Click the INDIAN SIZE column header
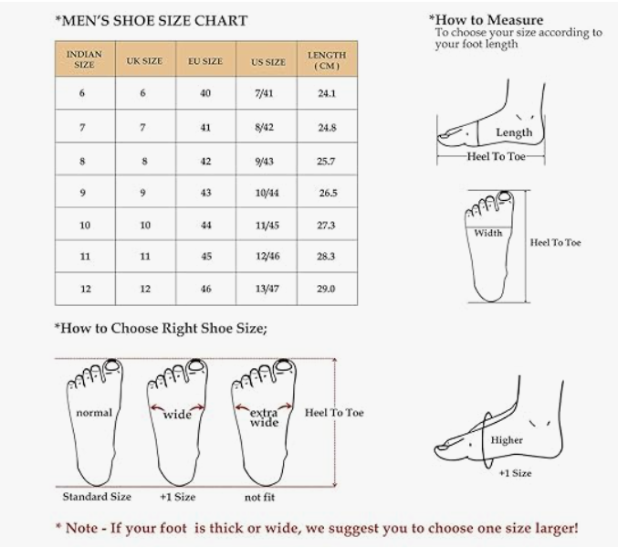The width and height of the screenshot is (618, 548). coord(84,59)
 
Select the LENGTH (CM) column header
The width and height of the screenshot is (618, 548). coord(327,60)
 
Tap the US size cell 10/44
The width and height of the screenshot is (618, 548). coord(267,193)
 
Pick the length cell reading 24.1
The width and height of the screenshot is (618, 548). coord(327,93)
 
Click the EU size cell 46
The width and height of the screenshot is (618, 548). coord(205,289)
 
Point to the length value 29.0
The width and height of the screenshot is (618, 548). coord(326,289)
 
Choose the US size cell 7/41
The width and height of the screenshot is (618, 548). coord(264,93)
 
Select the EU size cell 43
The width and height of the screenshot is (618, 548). coord(205,193)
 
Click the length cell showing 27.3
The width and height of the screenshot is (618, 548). coord(326,225)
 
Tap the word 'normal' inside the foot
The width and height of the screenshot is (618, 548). coord(94,413)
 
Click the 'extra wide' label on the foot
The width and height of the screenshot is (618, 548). coord(264,417)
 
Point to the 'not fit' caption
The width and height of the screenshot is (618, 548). coord(259,497)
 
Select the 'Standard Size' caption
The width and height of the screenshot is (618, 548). coord(97,497)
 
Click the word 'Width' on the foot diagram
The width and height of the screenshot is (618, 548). coord(488,233)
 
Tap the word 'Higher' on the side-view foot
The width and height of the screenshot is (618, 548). coord(507,440)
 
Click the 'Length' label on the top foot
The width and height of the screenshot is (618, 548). coord(514,132)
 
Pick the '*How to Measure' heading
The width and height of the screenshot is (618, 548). coord(486,20)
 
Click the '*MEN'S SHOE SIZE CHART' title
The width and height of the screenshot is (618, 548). coord(152,20)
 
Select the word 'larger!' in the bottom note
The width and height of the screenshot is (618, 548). coord(556,528)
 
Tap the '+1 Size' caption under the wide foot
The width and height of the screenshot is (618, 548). coord(177,497)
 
